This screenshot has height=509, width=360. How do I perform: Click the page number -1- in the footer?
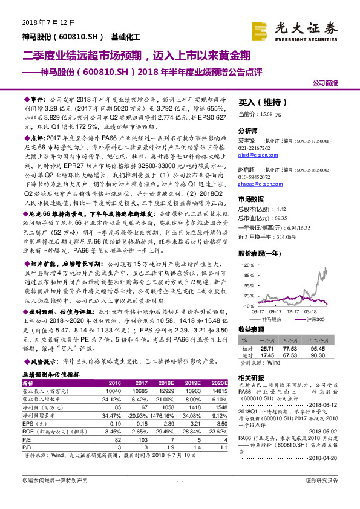click(179, 497)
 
